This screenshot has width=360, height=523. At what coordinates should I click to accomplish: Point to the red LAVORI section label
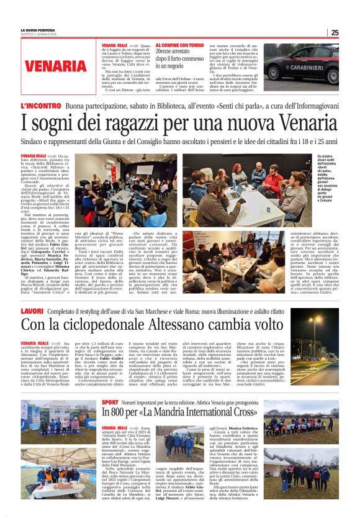(x=32, y=310)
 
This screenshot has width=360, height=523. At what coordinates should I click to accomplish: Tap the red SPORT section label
(x=109, y=402)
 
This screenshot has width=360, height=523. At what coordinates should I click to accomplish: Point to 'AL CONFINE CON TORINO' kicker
(x=179, y=46)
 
